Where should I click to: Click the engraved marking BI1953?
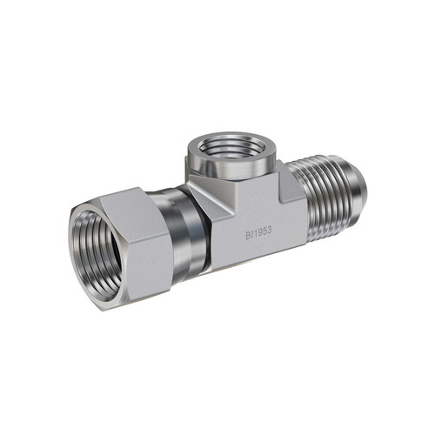(258, 233)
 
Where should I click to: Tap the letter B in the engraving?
(248, 236)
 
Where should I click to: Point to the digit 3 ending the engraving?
(269, 231)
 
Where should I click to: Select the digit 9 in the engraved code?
(259, 233)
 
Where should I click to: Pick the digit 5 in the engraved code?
(264, 232)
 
